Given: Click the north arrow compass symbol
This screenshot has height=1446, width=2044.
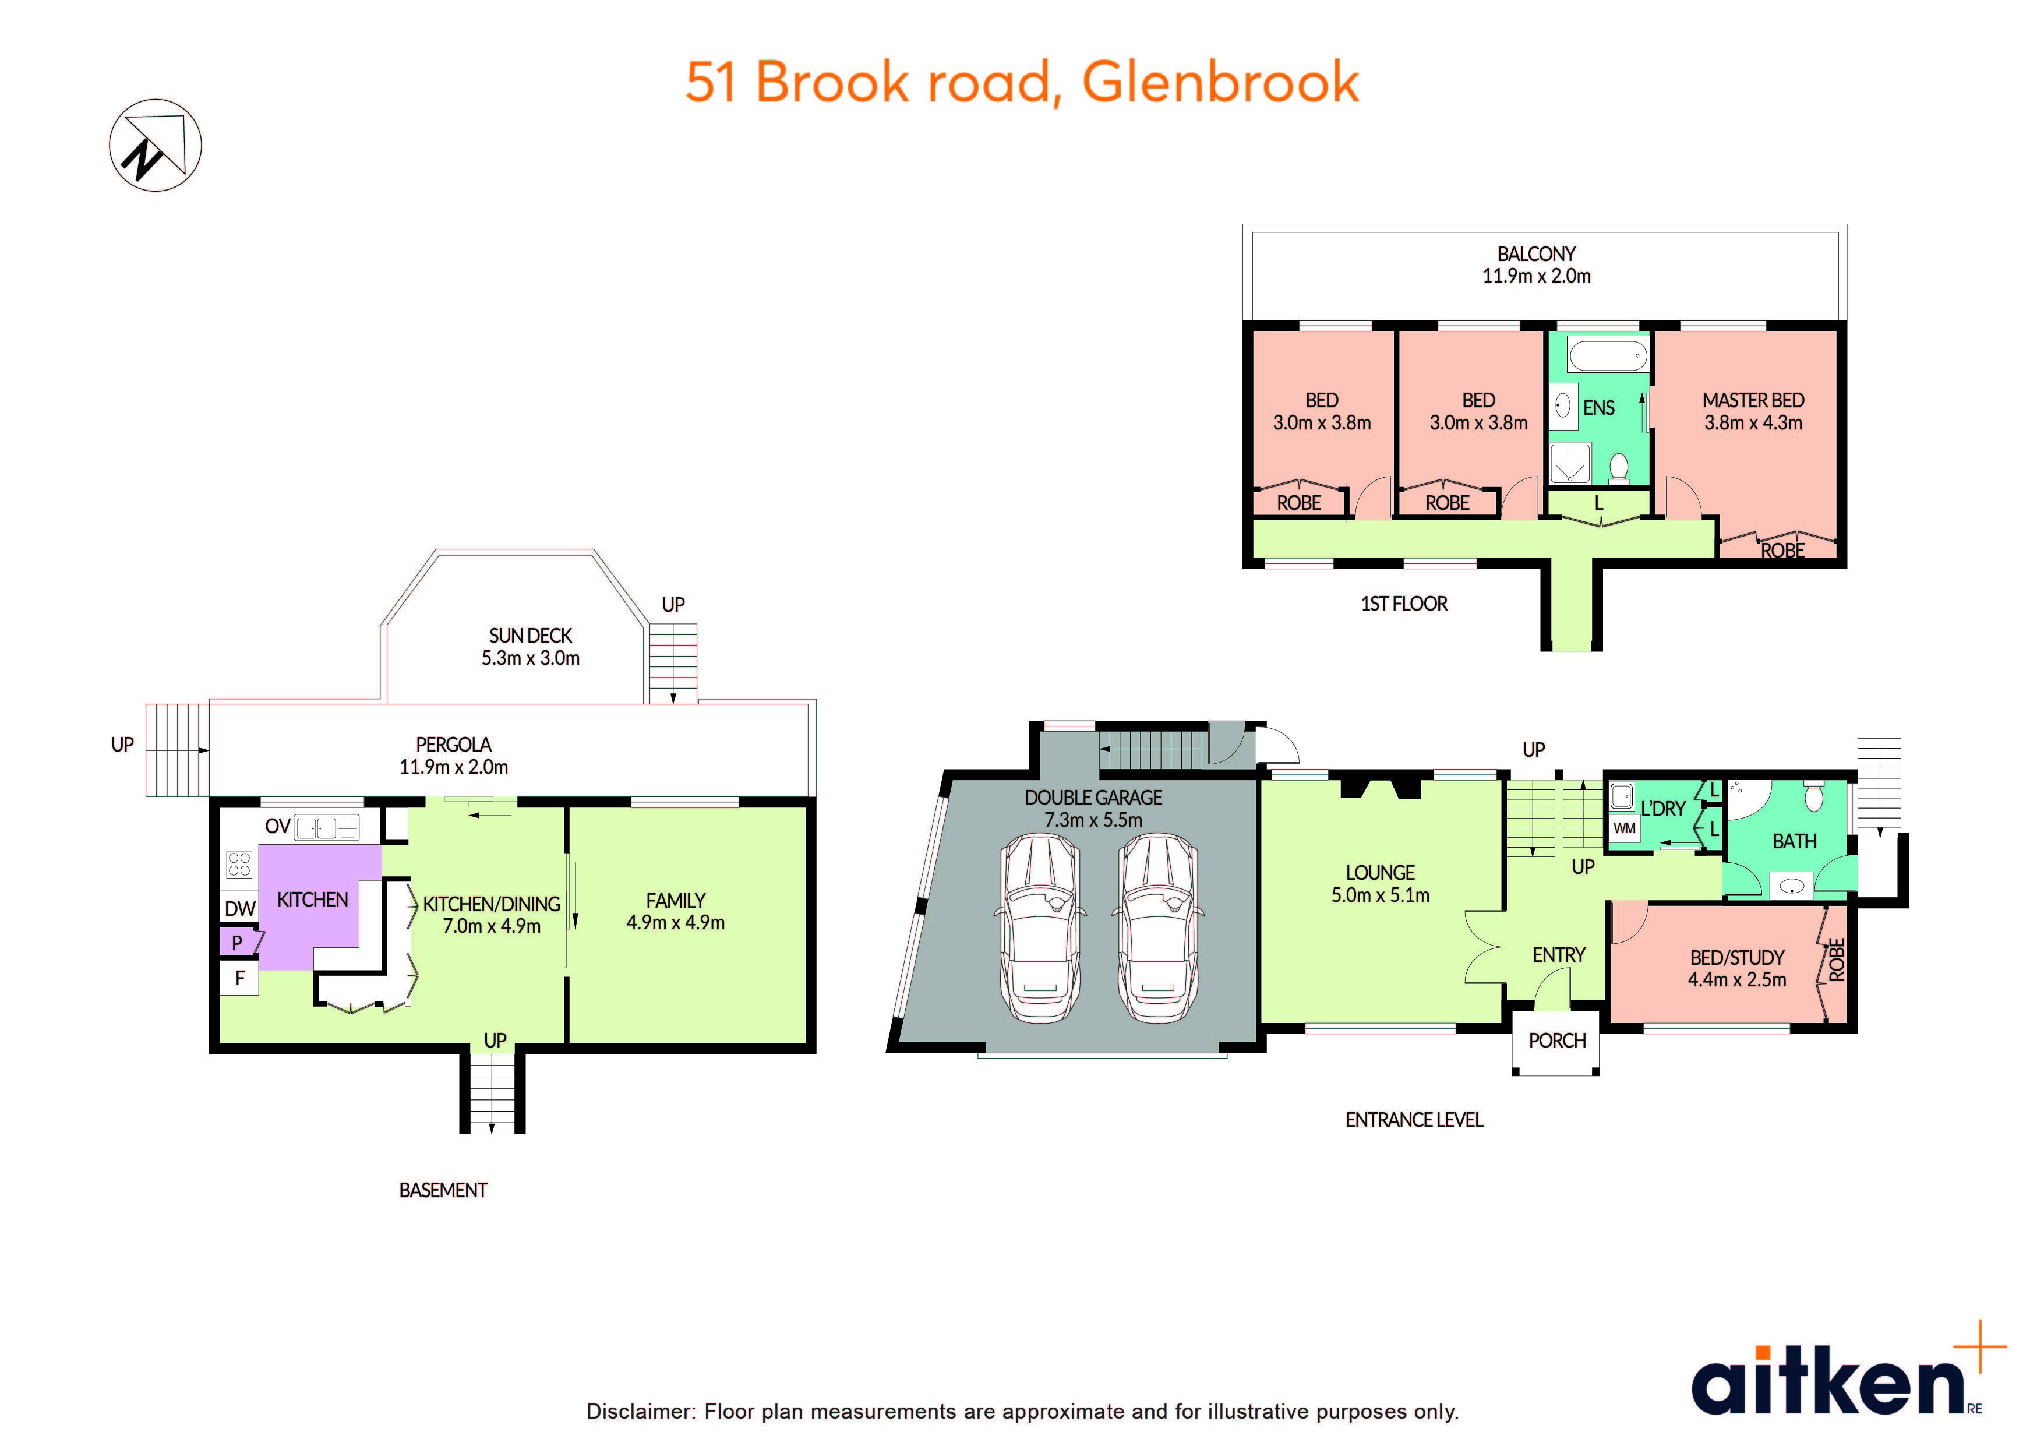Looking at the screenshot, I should [x=155, y=145].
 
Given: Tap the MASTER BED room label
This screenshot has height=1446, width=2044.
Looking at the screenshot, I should [x=1753, y=401].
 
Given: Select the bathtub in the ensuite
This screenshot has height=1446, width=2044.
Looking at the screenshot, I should [x=1607, y=358].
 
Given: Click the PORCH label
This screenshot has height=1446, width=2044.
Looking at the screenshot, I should [x=1557, y=1040].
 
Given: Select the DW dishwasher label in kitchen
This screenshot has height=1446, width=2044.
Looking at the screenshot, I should [x=239, y=909].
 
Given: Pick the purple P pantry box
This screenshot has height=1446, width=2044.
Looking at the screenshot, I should [x=238, y=943].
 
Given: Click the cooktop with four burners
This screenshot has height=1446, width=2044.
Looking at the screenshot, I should [x=239, y=863].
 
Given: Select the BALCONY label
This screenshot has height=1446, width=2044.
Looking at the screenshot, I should [x=1535, y=255].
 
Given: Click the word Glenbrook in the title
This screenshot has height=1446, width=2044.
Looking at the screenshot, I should [x=1220, y=83].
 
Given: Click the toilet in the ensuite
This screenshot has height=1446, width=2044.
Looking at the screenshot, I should [x=1619, y=467].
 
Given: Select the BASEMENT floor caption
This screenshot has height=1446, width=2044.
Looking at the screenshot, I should [x=443, y=1190].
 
